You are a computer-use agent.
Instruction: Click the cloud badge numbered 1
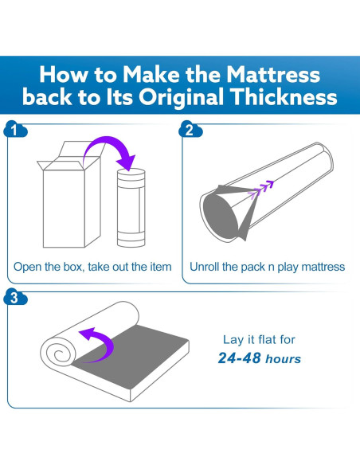pos(15,129)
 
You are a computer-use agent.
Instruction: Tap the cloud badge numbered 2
pos(190,129)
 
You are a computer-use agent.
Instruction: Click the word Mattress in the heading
pos(273,74)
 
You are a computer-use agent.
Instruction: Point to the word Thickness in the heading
pos(284,96)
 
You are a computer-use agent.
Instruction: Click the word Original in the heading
pos(181,97)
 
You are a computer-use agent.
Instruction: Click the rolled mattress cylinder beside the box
pos(131,208)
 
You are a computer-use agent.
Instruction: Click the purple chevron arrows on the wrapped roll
pos(260,189)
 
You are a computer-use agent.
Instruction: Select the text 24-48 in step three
pos(239,358)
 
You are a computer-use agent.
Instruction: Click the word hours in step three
pos(284,359)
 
